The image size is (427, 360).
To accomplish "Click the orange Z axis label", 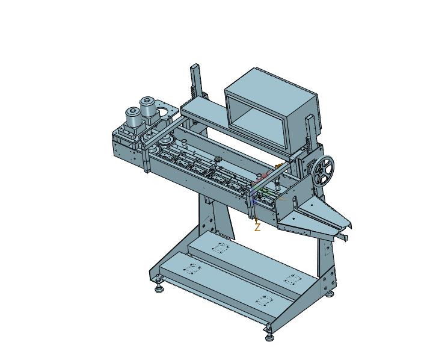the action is coord(257,227).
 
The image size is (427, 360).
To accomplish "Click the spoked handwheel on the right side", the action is coord(324,170).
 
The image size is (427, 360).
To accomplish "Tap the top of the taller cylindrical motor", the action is coord(147,101).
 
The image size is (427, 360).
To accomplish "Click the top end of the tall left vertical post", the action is coord(195,66).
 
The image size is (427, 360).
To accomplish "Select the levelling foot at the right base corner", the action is coord(330,294).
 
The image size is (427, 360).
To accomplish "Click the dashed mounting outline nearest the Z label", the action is coord(221,247).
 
